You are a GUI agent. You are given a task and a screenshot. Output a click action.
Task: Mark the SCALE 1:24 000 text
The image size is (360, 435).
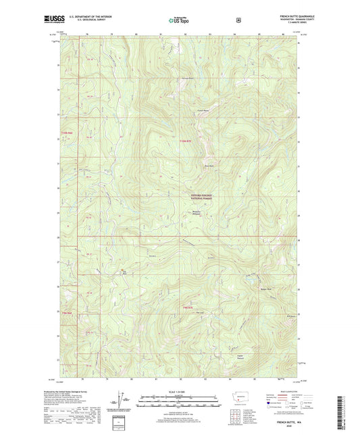[x=180, y=392]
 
